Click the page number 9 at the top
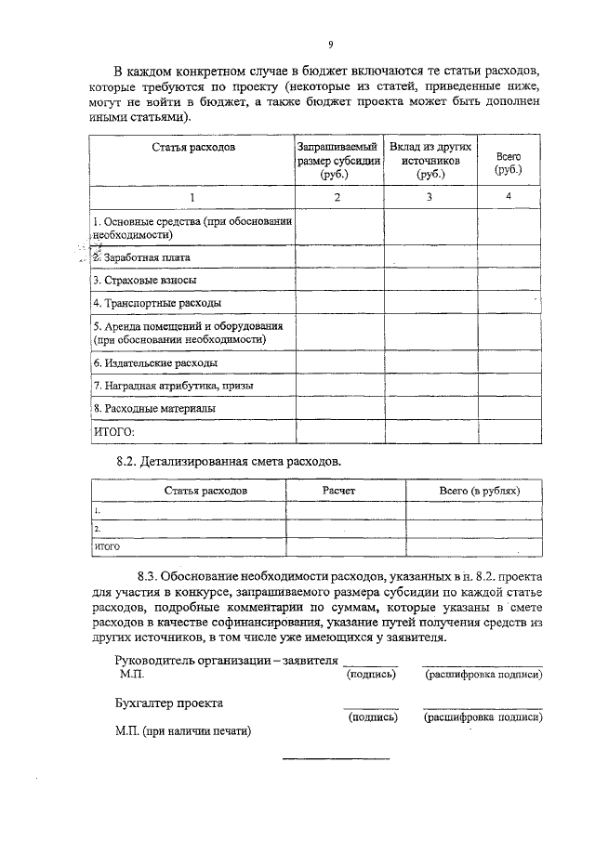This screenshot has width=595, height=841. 329,43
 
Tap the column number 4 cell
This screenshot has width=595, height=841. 509,196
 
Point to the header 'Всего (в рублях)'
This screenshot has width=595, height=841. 479,490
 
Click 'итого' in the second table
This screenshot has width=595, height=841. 107,546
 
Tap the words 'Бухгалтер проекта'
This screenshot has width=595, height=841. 168,703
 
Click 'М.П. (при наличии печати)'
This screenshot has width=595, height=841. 178,731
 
